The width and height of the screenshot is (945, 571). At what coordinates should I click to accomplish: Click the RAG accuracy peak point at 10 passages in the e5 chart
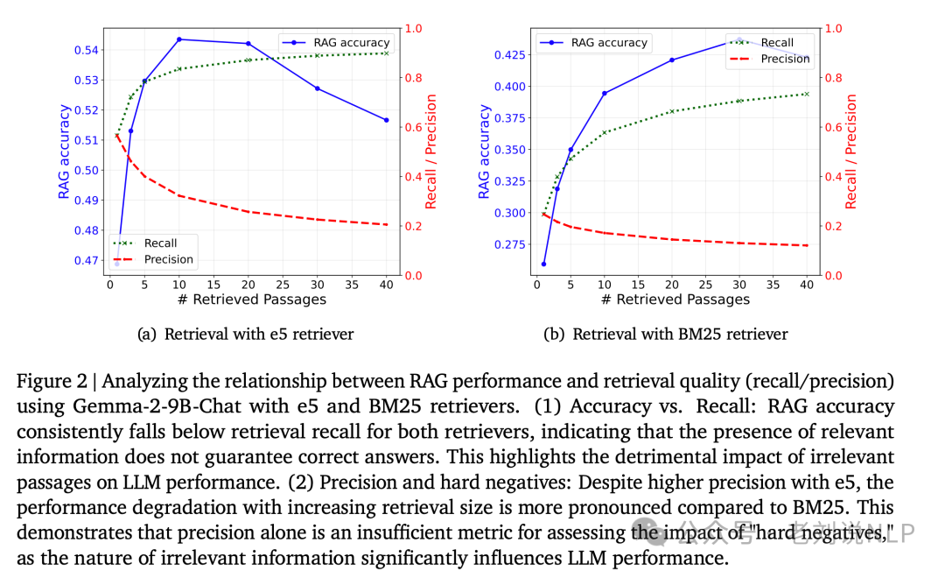coord(178,39)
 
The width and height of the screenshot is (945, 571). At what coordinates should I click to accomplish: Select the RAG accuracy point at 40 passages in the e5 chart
coord(386,120)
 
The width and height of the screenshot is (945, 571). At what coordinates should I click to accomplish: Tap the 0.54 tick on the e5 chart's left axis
coord(86,50)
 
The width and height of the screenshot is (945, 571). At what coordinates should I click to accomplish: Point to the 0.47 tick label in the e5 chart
coord(86,260)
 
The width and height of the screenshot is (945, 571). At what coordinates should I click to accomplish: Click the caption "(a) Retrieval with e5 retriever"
coord(247,334)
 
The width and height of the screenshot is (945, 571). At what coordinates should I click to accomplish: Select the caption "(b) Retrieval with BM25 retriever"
coord(667,334)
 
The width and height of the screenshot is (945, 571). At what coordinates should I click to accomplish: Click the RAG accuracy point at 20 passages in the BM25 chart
coord(672,60)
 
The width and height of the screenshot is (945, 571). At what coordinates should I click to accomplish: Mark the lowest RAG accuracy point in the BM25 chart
coord(543,264)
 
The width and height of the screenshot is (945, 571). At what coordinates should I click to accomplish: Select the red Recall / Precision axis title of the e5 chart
coord(431,152)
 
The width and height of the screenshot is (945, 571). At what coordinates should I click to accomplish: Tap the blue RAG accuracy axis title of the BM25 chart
coord(484,152)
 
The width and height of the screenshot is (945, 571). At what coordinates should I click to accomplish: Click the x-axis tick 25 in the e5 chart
coord(283,285)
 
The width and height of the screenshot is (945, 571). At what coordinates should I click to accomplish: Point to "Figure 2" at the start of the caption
coord(48,383)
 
